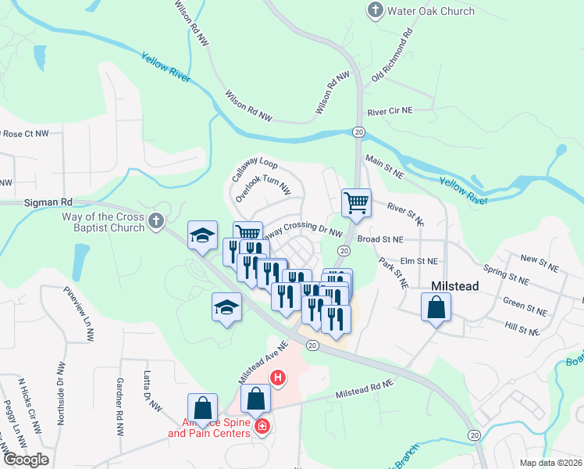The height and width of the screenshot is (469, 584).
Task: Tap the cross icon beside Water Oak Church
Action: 375,11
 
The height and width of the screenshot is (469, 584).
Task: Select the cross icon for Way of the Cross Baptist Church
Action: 157,221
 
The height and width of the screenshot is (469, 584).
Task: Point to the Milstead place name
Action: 455,286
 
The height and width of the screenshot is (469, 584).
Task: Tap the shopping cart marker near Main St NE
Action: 356,202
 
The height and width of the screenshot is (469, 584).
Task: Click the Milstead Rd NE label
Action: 365,385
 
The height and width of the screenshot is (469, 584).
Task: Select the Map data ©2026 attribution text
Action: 550,463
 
